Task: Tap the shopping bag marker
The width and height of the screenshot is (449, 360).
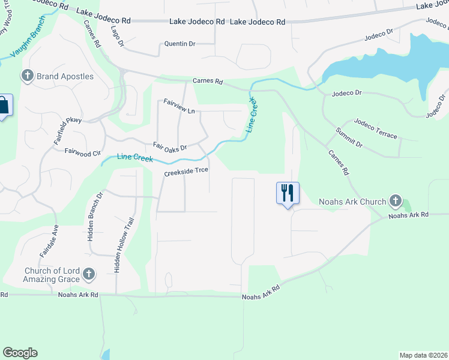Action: tap(4, 106)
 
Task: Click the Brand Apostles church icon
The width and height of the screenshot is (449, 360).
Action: tap(27, 76)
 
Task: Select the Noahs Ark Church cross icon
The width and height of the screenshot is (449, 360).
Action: tap(395, 201)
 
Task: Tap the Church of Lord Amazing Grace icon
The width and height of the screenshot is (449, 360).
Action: tap(89, 275)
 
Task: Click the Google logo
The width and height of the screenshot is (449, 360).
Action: tap(20, 352)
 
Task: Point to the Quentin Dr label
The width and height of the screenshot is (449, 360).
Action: tap(180, 44)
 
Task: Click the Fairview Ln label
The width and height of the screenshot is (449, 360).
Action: tap(179, 103)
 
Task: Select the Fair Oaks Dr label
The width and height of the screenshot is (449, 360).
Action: tap(170, 146)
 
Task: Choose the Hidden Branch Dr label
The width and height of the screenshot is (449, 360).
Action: tap(95, 216)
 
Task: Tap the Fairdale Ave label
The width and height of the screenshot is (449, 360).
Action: tap(49, 241)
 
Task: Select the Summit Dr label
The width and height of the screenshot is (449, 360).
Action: tap(349, 138)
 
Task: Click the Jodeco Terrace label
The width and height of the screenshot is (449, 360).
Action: tap(376, 128)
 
